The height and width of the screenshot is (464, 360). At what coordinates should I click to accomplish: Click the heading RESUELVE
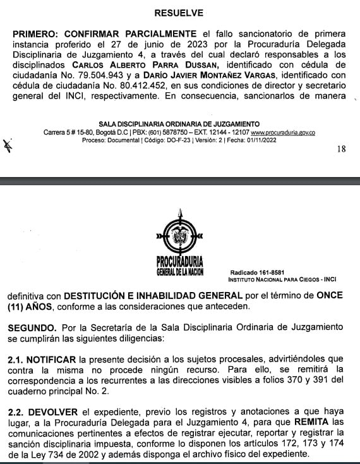point(179,13)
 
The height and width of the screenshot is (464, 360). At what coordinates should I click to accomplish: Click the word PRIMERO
point(37,33)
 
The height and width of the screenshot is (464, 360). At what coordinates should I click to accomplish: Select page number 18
point(342,149)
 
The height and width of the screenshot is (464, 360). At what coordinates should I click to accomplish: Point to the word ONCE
point(331,296)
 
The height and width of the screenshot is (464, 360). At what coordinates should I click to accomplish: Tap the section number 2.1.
point(15,358)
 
